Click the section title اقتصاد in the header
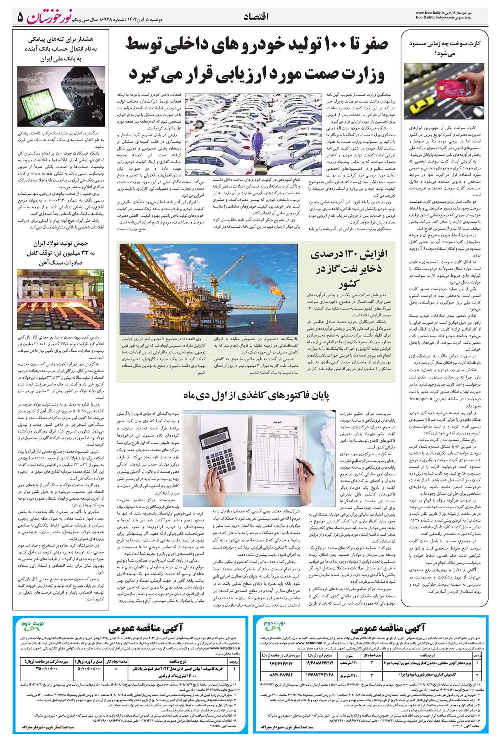(x=256, y=17)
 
